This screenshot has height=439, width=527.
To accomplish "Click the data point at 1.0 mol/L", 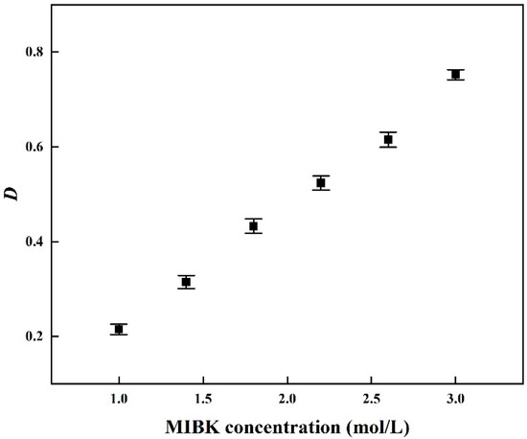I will pyautogui.click(x=119, y=329).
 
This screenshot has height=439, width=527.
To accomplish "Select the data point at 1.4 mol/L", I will pyautogui.click(x=186, y=282).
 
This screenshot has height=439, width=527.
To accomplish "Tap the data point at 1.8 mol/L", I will pyautogui.click(x=253, y=226).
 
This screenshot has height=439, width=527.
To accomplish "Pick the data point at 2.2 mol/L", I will pyautogui.click(x=321, y=182).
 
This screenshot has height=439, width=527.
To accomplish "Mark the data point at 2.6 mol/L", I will pyautogui.click(x=388, y=139).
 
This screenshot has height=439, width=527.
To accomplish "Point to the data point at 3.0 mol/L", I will pyautogui.click(x=455, y=74).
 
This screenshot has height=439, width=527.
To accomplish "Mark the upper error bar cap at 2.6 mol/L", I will pyautogui.click(x=388, y=132).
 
